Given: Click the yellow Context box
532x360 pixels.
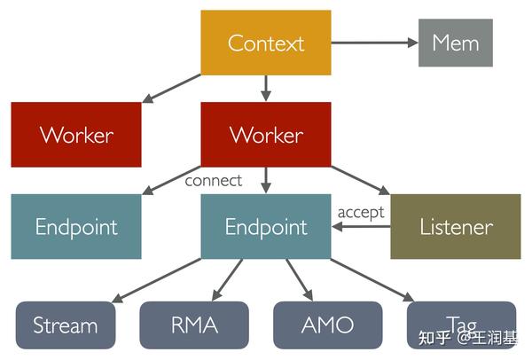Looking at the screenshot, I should (265, 43).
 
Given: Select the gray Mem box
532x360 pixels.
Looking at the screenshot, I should (455, 43).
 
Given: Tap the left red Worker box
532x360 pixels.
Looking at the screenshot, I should (76, 135).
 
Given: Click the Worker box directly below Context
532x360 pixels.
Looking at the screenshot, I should (265, 135).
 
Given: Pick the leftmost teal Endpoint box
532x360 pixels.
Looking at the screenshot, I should (76, 226).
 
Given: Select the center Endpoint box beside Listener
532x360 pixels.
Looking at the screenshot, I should (265, 226).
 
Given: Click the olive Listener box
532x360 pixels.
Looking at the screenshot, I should (455, 226).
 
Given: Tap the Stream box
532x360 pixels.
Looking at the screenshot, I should (66, 325).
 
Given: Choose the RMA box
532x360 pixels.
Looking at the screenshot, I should (195, 325).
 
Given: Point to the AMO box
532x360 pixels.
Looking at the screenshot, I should (327, 325).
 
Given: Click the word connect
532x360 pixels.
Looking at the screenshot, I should (213, 181).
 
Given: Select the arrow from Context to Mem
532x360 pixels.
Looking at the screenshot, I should (372, 43).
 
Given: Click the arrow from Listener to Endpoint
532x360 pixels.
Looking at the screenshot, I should (361, 227).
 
